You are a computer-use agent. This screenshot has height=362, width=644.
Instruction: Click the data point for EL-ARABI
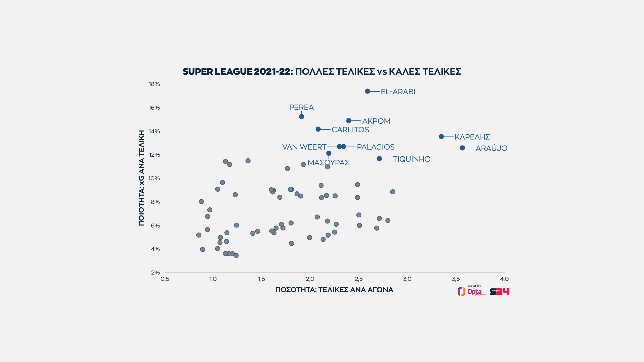coord(368,91)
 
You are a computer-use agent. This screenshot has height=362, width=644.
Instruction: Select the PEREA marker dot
coord(302,117)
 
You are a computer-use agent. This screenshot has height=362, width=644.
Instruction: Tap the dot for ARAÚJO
coord(462,148)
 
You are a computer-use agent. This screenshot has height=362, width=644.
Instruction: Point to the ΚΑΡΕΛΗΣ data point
coord(441,137)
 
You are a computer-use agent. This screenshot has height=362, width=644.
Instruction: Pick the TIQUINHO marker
coord(379,159)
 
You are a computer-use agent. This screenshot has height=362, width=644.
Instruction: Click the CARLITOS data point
coord(318,129)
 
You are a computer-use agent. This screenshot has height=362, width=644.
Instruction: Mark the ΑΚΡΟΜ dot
coord(349,121)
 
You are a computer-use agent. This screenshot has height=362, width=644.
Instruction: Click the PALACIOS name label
coord(376,147)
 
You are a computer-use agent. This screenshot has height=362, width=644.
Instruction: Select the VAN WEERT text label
coord(304,147)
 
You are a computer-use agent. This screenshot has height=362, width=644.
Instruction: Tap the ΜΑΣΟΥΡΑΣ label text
coord(329,163)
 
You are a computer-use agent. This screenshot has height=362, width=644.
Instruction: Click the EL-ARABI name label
coord(398,92)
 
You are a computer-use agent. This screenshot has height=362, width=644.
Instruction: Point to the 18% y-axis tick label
coord(154,84)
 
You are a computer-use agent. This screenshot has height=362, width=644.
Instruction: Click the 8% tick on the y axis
coord(155,202)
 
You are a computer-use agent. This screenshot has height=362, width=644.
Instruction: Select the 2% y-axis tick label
coord(155,273)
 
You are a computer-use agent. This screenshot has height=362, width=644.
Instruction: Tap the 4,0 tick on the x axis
coord(504,279)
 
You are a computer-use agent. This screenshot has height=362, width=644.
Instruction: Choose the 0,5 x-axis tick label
coord(165,279)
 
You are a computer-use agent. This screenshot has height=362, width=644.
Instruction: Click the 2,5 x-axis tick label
coord(359,279)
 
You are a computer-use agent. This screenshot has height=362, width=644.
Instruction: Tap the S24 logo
coord(499,292)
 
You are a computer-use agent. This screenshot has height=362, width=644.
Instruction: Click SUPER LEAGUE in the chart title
coord(217,72)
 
